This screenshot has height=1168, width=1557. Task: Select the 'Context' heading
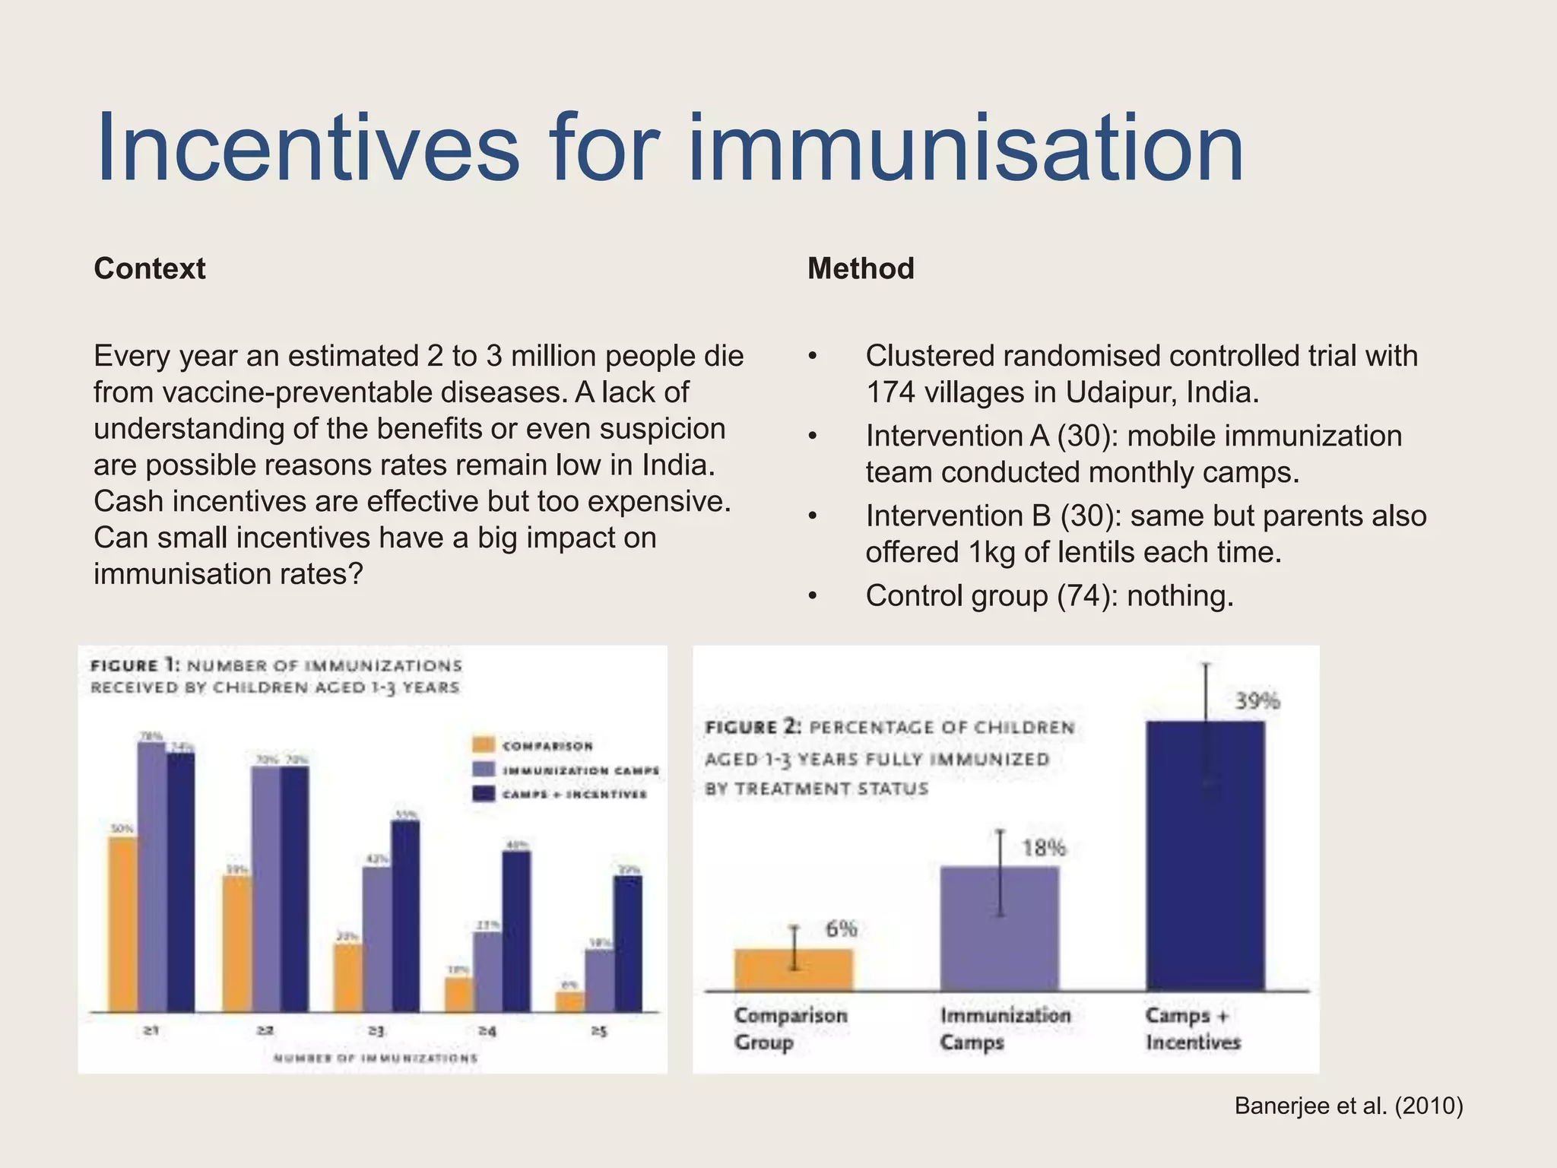coord(150,268)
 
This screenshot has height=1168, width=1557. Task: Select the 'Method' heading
coord(861,268)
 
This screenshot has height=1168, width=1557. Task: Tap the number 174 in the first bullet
coord(890,392)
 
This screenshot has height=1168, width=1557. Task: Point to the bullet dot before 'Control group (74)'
coord(813,597)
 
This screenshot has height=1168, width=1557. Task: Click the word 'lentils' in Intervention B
coord(1098,552)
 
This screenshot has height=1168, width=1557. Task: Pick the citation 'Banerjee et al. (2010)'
coord(1349,1106)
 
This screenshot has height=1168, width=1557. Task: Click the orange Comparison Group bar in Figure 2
coord(793,970)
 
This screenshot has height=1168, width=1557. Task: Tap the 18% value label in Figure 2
coord(1044,847)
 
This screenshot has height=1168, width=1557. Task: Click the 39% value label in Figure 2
coord(1257,700)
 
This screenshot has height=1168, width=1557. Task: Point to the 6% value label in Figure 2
coord(841,928)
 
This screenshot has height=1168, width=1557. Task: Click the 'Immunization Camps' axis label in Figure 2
coord(1004,1028)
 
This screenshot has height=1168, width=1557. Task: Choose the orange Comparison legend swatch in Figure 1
coord(484,745)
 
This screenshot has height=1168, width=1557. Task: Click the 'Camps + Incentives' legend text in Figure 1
coord(575,795)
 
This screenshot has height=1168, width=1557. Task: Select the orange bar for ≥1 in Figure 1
coord(122,924)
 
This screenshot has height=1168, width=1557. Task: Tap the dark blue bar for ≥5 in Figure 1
coord(628,943)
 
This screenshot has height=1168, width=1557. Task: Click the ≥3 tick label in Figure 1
coord(376,1031)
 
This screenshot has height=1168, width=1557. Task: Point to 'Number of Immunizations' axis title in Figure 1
coord(376,1058)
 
